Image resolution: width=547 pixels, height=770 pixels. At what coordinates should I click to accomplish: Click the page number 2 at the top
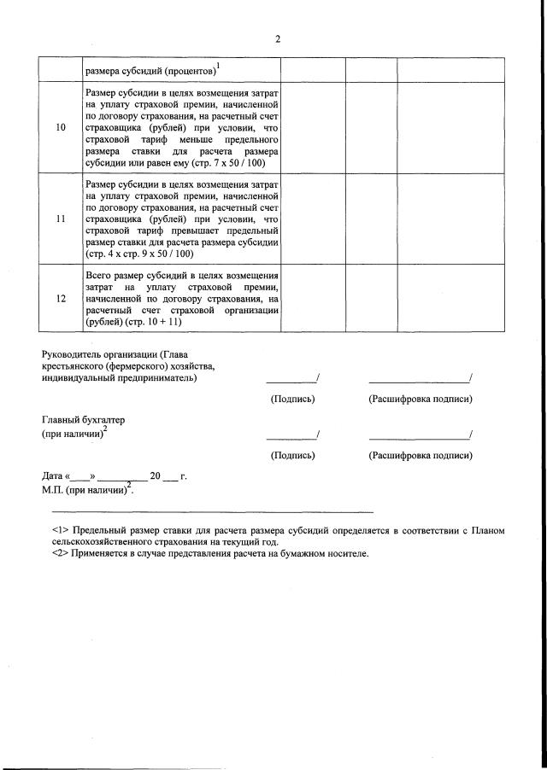click(x=278, y=38)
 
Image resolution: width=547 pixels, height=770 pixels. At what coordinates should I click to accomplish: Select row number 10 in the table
click(x=60, y=127)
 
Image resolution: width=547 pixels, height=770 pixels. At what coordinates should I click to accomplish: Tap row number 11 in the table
click(x=60, y=219)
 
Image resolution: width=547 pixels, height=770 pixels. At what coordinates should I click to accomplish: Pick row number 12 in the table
click(x=60, y=299)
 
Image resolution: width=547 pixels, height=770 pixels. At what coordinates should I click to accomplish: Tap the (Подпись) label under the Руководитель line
click(x=292, y=399)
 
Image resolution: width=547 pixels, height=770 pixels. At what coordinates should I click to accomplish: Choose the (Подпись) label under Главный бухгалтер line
click(x=292, y=456)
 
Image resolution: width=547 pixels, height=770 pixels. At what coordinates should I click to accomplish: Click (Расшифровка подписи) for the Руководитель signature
click(x=420, y=399)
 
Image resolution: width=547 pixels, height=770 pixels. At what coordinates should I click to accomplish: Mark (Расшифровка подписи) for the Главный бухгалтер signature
click(x=420, y=456)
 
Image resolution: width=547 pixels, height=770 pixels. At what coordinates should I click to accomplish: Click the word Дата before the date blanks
click(x=53, y=475)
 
